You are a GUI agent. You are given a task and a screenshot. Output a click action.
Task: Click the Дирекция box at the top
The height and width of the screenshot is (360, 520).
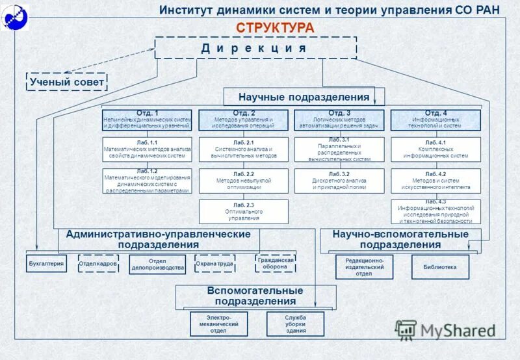click(x=255, y=48)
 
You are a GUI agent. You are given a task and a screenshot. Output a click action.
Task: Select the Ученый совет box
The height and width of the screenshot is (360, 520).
click(x=66, y=82)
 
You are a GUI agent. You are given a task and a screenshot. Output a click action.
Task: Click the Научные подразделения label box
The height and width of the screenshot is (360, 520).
click(x=304, y=97)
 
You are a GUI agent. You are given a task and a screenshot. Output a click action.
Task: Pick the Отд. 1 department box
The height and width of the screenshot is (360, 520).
click(x=148, y=120)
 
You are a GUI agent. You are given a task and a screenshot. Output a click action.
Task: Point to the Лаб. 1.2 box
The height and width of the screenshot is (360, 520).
click(x=148, y=181)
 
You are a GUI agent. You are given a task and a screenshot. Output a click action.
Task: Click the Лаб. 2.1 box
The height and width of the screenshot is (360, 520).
click(x=243, y=149)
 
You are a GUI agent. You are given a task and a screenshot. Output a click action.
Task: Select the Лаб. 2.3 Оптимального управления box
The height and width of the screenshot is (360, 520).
click(x=243, y=212)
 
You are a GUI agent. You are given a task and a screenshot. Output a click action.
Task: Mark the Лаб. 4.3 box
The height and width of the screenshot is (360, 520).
click(x=435, y=212)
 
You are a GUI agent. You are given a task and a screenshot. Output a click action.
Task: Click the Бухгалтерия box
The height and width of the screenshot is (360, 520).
click(x=46, y=263)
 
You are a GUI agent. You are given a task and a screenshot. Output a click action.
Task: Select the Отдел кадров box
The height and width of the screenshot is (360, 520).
click(x=98, y=264)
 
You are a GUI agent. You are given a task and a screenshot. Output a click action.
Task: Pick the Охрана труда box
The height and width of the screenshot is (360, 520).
click(x=214, y=263)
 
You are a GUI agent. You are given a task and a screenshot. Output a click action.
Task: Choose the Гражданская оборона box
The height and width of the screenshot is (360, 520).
click(x=276, y=263)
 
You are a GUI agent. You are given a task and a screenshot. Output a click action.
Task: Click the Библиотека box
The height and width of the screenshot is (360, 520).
click(x=440, y=267)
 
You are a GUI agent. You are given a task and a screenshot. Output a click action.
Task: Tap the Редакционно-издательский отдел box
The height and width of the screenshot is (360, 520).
click(x=364, y=267)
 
